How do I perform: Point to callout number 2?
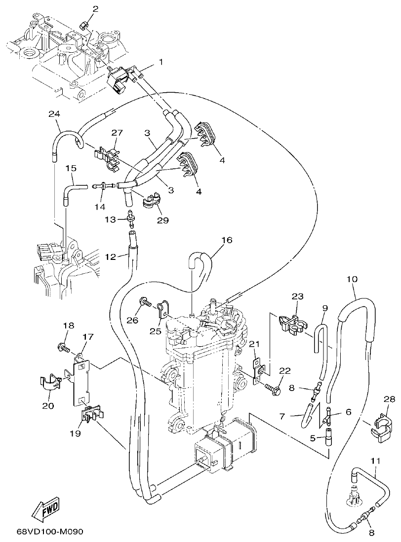(x=95, y=9)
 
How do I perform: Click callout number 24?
(x=54, y=114)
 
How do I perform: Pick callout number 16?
(x=226, y=241)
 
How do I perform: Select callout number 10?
(x=352, y=279)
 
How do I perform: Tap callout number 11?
(x=375, y=461)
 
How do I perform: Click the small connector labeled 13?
(x=131, y=217)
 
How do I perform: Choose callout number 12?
(x=110, y=256)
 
